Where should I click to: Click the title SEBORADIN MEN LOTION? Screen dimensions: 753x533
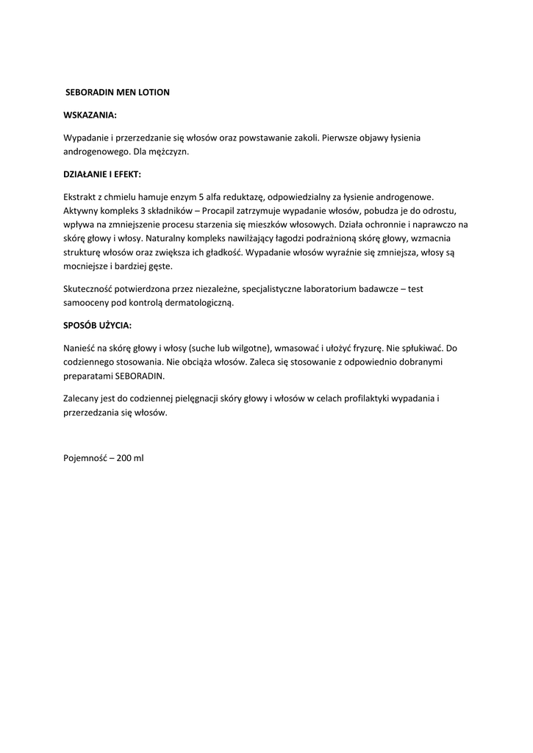tap(118, 93)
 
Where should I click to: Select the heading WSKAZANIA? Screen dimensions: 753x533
tap(90, 115)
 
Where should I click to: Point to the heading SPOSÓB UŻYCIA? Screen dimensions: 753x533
tap(98, 325)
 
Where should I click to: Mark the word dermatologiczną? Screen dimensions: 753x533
tap(201, 303)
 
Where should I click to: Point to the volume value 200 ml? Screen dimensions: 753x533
tap(130, 457)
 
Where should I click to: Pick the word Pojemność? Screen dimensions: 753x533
tap(85, 457)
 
